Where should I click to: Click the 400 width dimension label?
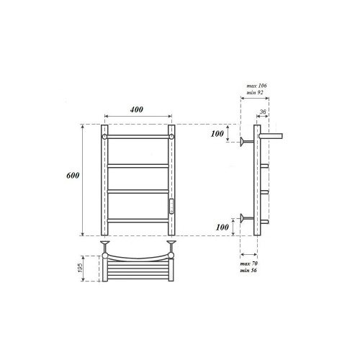[138, 109]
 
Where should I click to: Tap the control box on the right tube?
[173, 207]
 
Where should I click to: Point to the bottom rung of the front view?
[138, 219]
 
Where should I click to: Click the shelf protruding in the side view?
[271, 135]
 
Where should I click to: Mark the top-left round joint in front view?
[106, 135]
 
